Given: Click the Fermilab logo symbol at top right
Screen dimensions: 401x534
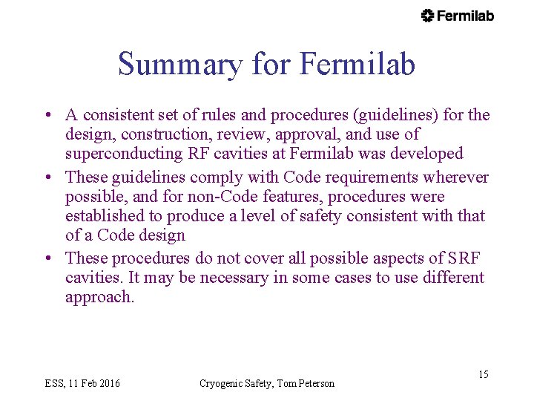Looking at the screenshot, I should (427, 16).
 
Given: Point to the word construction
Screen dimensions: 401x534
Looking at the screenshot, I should (161, 134).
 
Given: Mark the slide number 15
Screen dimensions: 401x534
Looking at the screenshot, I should (483, 374).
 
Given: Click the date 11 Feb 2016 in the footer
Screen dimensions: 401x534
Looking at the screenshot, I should (93, 383).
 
